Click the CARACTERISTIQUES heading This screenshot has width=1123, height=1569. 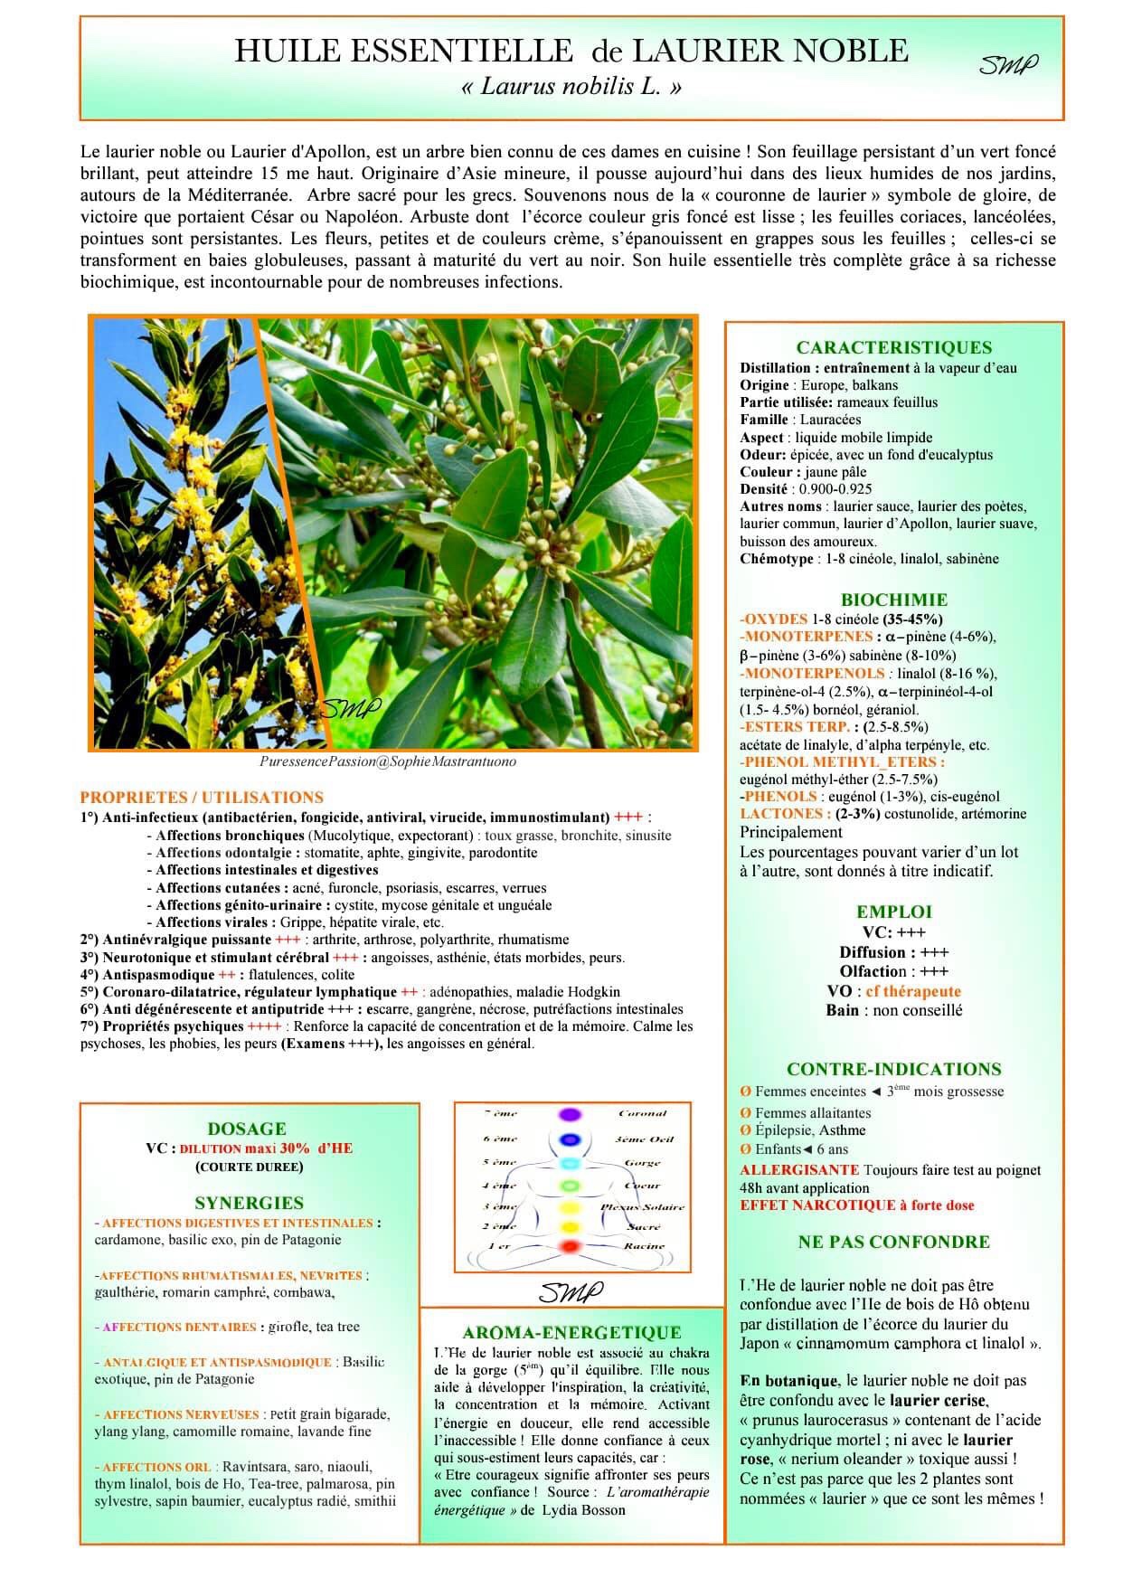(893, 347)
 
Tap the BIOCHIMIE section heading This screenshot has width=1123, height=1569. (893, 600)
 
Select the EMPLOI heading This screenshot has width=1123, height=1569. (893, 912)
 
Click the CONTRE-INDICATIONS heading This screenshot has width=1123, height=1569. (893, 1069)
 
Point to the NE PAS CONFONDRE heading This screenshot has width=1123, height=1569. (893, 1242)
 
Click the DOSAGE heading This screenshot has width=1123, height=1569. (247, 1129)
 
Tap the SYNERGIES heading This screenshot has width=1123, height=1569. (249, 1203)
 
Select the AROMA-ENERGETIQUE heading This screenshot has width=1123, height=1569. (571, 1332)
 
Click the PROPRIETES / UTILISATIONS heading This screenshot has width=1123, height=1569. (202, 797)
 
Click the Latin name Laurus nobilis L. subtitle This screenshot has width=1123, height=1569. (571, 87)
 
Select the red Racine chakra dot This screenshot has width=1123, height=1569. (569, 1247)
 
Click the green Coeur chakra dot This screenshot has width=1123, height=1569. (569, 1185)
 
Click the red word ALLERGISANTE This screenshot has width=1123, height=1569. (799, 1170)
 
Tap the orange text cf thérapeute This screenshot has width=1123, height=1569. (913, 991)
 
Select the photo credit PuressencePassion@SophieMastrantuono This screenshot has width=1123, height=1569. (388, 761)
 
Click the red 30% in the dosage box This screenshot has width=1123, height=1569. (294, 1148)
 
